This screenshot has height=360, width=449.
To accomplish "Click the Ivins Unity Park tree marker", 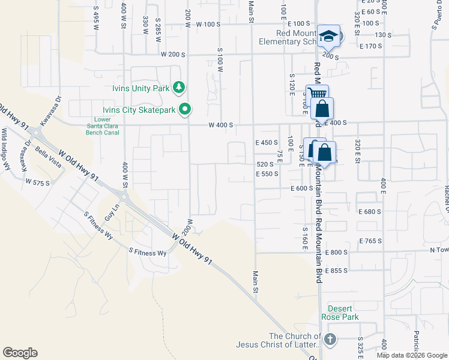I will (x=178, y=88).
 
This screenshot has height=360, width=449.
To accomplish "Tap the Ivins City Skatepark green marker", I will (x=185, y=109).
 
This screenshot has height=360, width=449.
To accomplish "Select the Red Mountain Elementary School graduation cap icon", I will (x=328, y=36).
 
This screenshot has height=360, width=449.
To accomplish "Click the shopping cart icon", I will (x=317, y=94).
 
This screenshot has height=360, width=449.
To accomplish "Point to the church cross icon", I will (x=330, y=340).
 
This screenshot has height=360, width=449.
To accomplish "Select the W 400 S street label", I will (x=220, y=125).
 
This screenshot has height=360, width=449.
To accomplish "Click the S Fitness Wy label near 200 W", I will (x=147, y=253).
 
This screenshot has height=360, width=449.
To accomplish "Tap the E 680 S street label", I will (x=370, y=212).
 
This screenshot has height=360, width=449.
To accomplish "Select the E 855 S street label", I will (x=336, y=271).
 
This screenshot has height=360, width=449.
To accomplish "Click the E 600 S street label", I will (x=302, y=188).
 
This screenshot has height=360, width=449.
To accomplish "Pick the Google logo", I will (x=20, y=353).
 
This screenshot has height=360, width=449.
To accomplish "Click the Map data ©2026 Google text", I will (x=412, y=355).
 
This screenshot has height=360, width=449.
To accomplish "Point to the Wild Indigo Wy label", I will (x=6, y=149).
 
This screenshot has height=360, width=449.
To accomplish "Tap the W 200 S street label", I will (x=173, y=54).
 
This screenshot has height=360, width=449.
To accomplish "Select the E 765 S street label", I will (x=370, y=241).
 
